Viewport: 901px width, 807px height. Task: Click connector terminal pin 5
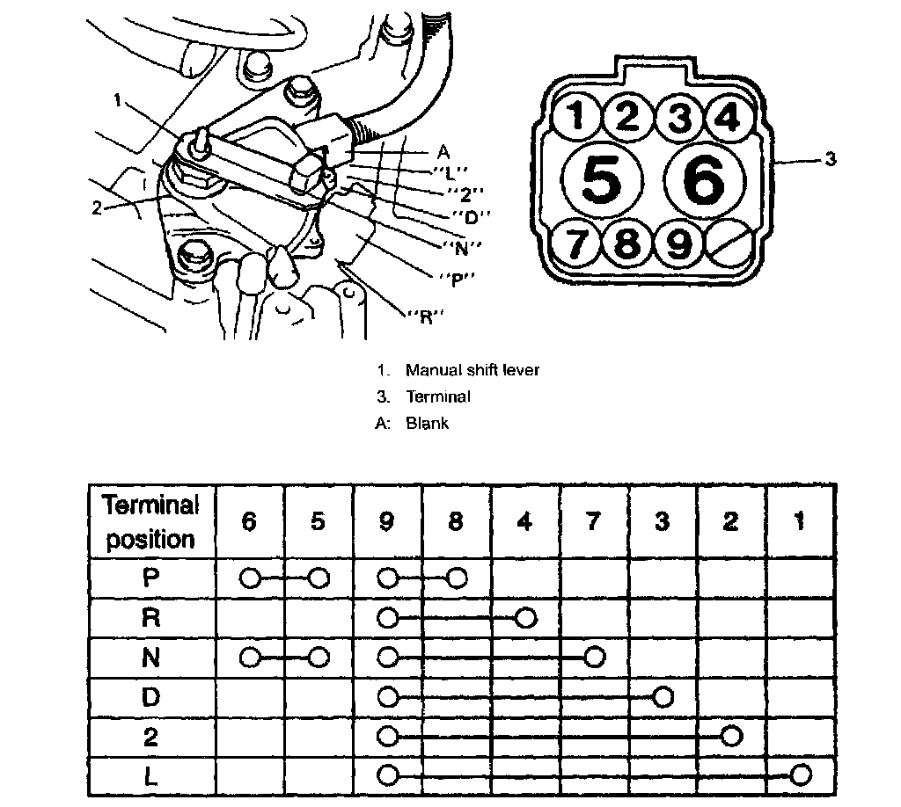coord(601,180)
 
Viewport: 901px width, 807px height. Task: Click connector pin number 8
coord(626,243)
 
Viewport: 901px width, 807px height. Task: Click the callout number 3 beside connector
coord(830,159)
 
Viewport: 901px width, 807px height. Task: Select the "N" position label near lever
coord(467,247)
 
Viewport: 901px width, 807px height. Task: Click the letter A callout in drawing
coord(443,151)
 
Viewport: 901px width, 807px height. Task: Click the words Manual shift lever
coord(472,370)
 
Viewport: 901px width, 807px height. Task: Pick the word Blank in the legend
coord(428,424)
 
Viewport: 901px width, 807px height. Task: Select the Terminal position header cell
coord(150,522)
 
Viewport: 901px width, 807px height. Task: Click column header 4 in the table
coord(524,522)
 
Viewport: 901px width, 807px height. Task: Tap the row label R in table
coord(150,618)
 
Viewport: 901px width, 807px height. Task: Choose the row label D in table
coord(150,696)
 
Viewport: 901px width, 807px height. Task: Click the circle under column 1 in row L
coord(800,775)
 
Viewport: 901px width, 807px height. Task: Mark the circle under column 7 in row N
coord(595,657)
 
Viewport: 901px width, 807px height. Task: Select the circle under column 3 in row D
coord(663,697)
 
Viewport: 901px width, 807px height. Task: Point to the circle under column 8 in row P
coord(456,578)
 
